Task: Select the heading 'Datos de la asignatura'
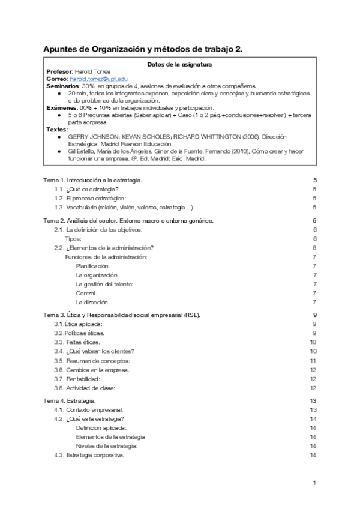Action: pyautogui.click(x=179, y=65)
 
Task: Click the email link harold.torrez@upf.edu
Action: pyautogui.click(x=98, y=79)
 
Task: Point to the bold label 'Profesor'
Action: pyautogui.click(x=59, y=72)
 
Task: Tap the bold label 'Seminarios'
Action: pyautogui.click(x=62, y=86)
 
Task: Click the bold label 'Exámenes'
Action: pyautogui.click(x=60, y=108)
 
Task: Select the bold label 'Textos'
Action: pyautogui.click(x=56, y=130)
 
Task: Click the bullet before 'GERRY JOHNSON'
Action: pyautogui.click(x=58, y=137)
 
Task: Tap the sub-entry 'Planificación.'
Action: pyautogui.click(x=93, y=265)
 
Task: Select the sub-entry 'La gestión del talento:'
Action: pyautogui.click(x=104, y=284)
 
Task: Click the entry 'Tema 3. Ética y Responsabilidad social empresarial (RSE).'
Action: pyautogui.click(x=122, y=315)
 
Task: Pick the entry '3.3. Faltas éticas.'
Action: pyautogui.click(x=79, y=342)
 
